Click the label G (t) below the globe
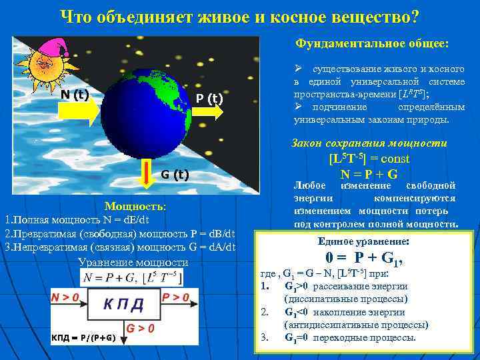[175, 175]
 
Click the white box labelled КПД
[123, 304]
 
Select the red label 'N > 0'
[66, 297]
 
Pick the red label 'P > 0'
[176, 297]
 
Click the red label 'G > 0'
[141, 329]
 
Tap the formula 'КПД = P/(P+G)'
[83, 337]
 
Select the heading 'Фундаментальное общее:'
[373, 44]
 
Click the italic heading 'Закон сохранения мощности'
[369, 143]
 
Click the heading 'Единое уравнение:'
[364, 241]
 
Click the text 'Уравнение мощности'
[133, 262]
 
